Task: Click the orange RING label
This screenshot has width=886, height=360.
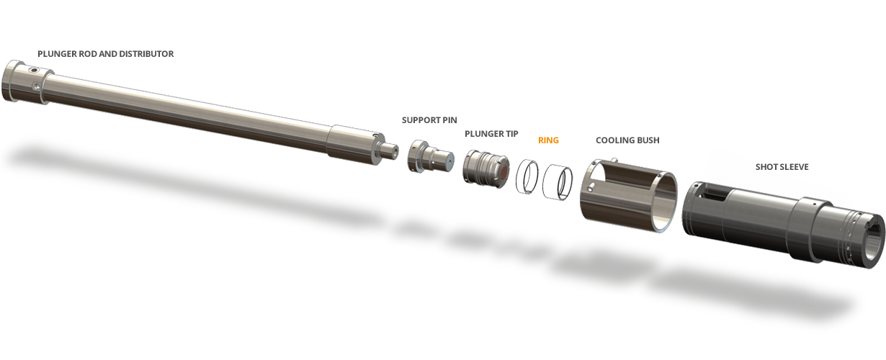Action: click(x=548, y=140)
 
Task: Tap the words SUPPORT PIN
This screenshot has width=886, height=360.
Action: click(x=429, y=120)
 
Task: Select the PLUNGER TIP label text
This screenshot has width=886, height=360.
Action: click(x=491, y=134)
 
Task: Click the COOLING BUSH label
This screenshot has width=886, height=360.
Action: click(x=627, y=140)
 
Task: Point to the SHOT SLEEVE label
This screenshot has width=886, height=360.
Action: click(x=782, y=167)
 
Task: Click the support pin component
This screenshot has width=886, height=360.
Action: click(x=430, y=157)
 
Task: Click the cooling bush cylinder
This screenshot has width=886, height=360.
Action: click(x=629, y=195)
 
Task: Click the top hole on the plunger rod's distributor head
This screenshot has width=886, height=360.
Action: click(x=34, y=71)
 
